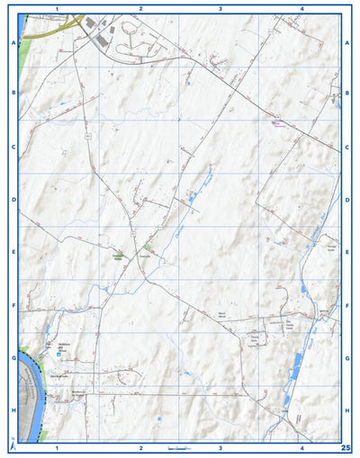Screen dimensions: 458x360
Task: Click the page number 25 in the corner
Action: click(345, 446)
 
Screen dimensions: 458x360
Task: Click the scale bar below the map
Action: click(180, 447)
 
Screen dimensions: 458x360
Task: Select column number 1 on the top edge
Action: click(57, 7)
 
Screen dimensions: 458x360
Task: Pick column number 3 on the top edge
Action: click(220, 7)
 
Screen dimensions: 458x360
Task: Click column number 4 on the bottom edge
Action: click(302, 447)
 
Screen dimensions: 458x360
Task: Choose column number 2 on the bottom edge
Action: click(140, 447)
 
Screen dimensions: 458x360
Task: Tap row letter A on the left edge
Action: click(13, 42)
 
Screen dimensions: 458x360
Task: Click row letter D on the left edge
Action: click(13, 200)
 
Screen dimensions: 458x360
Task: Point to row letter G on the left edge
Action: click(13, 357)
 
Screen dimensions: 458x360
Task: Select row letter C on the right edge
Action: click(347, 147)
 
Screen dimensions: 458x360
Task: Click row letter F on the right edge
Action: click(347, 305)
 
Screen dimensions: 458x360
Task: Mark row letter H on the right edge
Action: click(347, 409)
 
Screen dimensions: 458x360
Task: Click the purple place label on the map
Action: click(278, 123)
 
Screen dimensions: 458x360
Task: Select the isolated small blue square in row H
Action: click(159, 418)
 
